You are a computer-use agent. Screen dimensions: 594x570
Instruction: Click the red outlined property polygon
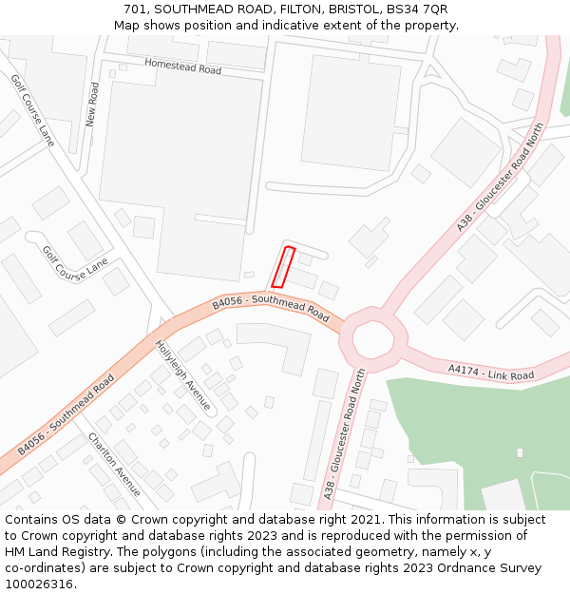pos(283,267)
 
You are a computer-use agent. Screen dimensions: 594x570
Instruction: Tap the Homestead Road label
pos(182,67)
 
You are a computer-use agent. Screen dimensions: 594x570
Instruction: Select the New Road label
pos(92,105)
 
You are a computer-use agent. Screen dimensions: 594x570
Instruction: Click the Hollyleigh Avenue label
pos(182,375)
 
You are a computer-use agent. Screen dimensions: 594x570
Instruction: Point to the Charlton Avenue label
pos(114,464)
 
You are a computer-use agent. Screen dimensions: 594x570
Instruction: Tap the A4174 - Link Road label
pos(491,370)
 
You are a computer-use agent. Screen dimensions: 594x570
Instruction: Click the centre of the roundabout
pos(373,336)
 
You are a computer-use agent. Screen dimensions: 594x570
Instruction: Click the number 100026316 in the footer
pos(40,584)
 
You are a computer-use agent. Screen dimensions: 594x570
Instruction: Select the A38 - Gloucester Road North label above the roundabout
pos(500,177)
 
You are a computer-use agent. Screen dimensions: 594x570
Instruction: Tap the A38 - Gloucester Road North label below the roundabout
pos(344,436)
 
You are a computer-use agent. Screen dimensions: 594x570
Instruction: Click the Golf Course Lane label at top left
pos(33,110)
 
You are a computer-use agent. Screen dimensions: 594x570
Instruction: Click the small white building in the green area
pos(520,453)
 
